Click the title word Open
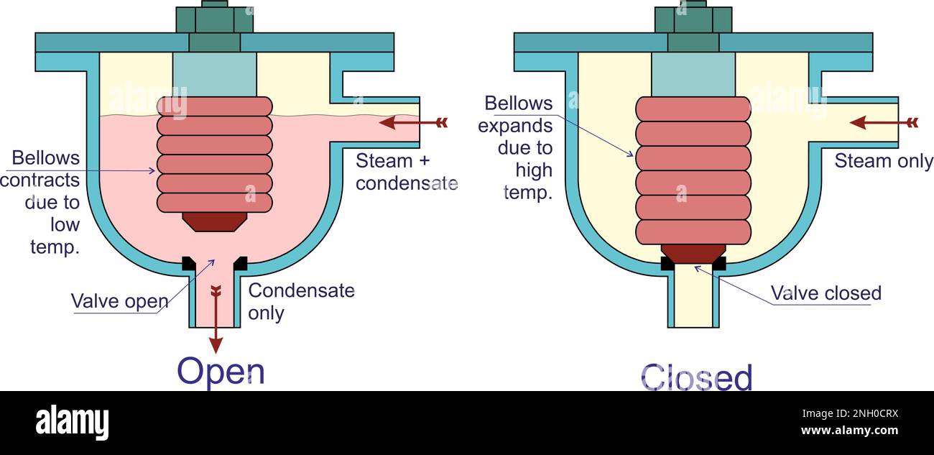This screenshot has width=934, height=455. click(x=221, y=372)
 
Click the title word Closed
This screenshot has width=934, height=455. click(x=695, y=377)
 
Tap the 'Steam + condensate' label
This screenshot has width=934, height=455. click(x=406, y=172)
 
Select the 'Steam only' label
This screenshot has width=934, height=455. click(x=883, y=161)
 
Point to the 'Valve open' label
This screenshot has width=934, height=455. click(x=119, y=300)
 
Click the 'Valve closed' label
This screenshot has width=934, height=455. click(x=826, y=293)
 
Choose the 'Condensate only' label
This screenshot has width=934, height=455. click(x=301, y=302)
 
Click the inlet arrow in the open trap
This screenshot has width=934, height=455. click(x=412, y=122)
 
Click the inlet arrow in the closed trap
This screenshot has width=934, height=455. click(x=883, y=122)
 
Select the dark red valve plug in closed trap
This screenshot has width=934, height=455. click(x=693, y=253)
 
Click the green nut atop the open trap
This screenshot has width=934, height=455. click(x=214, y=19)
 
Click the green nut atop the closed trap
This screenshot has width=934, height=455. click(x=693, y=19)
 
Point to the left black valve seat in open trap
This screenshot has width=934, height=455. click(x=189, y=263)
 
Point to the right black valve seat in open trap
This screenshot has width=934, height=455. click(x=241, y=263)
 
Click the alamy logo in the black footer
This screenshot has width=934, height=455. click(x=72, y=423)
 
